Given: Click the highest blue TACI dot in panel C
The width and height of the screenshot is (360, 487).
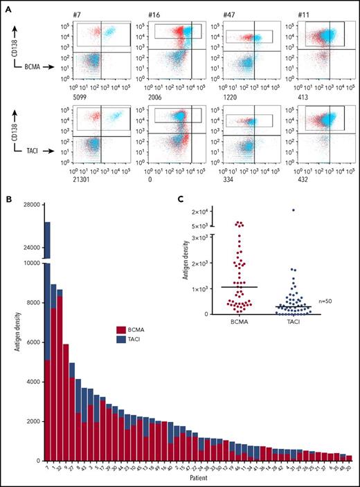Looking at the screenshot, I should [294, 210].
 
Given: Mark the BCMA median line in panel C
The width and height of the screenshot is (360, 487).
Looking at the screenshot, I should [239, 286].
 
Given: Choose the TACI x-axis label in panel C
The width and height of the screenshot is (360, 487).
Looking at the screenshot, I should [294, 322].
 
